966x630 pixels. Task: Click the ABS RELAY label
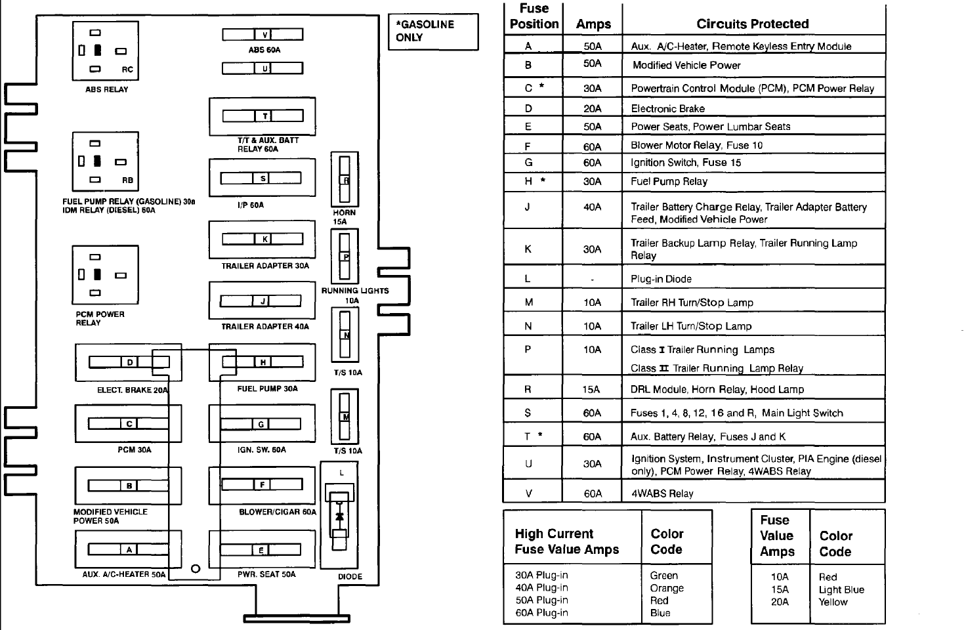106,90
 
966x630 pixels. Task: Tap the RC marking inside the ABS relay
127,70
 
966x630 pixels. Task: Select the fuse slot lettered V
262,35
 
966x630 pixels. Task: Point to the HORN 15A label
344,217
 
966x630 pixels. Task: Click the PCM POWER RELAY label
100,318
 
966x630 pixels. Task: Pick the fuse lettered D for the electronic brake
129,362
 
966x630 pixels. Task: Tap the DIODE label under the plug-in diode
350,576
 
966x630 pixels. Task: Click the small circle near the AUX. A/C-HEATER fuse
195,569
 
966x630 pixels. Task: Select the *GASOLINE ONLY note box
433,31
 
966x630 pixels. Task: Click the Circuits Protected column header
752,24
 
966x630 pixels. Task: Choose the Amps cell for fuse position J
592,207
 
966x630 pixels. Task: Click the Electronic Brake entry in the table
667,109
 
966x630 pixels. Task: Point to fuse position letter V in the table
528,493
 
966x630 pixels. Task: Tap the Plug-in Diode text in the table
661,279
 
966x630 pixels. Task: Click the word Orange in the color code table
666,588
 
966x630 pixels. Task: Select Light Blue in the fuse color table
841,589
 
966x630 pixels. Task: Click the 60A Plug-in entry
541,613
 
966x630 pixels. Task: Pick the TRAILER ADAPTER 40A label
264,326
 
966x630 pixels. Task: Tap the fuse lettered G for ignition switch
261,424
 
